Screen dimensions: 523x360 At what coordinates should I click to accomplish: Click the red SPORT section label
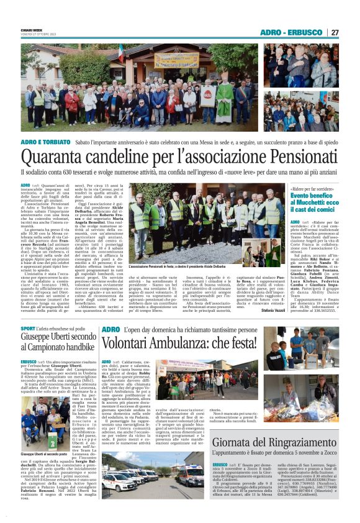(28, 328)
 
